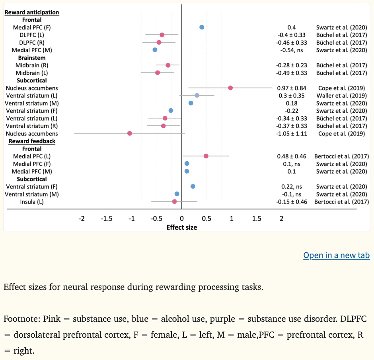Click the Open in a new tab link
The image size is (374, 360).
(x=336, y=255)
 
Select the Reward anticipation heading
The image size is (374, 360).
(x=32, y=12)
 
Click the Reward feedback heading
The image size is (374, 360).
(x=32, y=141)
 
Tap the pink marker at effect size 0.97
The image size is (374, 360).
(x=230, y=88)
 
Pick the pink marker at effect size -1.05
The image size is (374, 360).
(x=129, y=133)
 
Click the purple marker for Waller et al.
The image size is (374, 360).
(x=197, y=96)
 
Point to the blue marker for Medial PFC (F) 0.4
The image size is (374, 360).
(x=202, y=27)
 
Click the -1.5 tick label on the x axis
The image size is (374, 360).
(x=107, y=219)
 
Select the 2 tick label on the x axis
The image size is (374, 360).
(x=282, y=219)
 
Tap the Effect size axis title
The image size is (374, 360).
(x=182, y=227)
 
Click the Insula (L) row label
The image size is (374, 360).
(x=32, y=202)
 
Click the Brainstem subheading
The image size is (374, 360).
(x=32, y=58)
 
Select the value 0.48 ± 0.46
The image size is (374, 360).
(x=292, y=156)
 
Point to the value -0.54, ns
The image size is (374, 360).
(x=292, y=50)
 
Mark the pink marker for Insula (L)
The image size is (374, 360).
(x=174, y=202)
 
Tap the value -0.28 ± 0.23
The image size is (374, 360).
(x=292, y=65)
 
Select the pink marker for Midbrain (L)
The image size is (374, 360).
(x=158, y=73)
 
